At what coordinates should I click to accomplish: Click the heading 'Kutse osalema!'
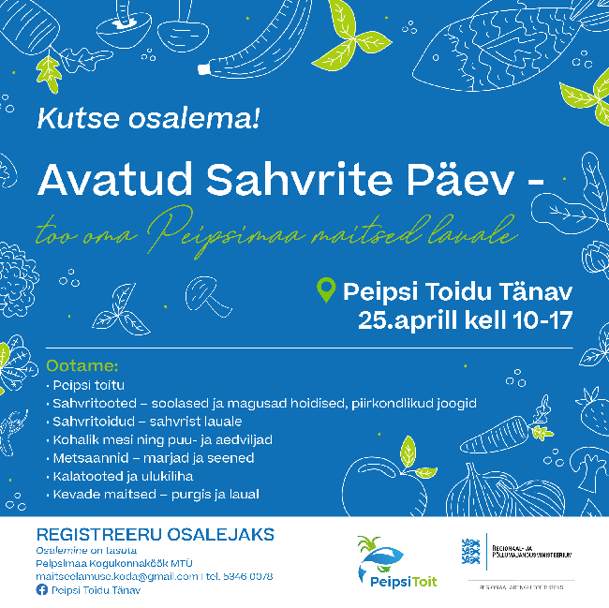148,119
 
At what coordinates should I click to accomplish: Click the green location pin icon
327,291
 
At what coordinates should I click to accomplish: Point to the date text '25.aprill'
408,320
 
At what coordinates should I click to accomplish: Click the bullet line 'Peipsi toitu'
88,384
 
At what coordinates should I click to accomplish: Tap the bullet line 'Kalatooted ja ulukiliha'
123,476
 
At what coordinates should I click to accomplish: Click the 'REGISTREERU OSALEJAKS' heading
156,535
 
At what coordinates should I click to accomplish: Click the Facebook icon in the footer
41,591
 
